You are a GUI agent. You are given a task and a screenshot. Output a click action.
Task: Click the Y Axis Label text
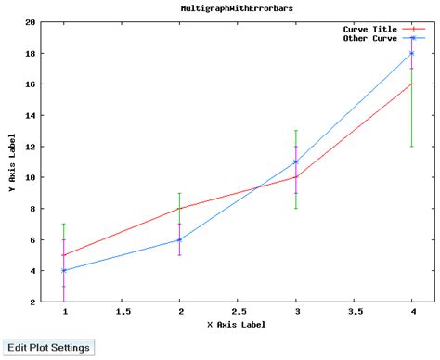(x=12, y=161)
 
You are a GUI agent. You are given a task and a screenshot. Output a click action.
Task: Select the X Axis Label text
(x=236, y=325)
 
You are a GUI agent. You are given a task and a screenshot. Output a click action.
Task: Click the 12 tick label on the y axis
(x=31, y=147)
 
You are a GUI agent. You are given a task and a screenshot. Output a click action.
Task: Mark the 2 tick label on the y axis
(x=33, y=302)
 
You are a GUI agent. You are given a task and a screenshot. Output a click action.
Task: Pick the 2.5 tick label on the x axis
(x=238, y=313)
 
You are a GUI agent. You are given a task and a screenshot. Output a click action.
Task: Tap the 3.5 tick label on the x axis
(x=354, y=313)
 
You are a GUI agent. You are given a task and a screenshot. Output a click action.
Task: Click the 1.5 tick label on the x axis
(x=123, y=313)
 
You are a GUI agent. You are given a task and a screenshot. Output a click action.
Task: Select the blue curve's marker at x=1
(x=64, y=271)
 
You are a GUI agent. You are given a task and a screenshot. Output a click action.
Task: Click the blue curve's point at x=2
(x=180, y=239)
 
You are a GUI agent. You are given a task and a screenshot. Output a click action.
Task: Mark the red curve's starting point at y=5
(x=64, y=255)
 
